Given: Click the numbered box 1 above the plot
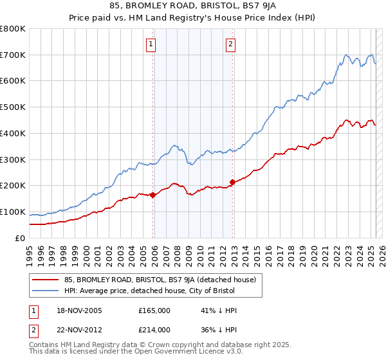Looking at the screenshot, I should pyautogui.click(x=151, y=44).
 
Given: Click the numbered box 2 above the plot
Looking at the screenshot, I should pyautogui.click(x=230, y=44).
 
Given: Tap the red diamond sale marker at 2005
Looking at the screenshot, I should pyautogui.click(x=152, y=195).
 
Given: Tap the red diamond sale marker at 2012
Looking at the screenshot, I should pyautogui.click(x=232, y=182).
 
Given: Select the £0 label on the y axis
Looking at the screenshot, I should pyautogui.click(x=20, y=238).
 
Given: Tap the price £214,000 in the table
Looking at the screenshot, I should pyautogui.click(x=154, y=329).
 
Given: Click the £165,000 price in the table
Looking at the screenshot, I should pyautogui.click(x=154, y=310).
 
